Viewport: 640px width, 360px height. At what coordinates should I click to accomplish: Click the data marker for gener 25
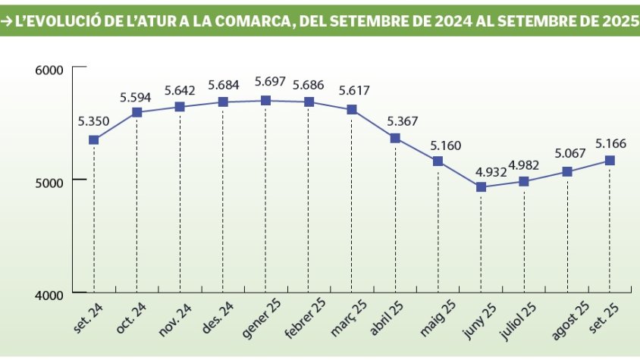click(265, 100)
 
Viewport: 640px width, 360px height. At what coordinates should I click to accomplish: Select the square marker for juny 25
click(481, 186)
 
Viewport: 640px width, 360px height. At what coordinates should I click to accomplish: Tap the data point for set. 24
click(94, 139)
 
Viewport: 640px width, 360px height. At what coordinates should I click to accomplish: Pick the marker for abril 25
click(395, 138)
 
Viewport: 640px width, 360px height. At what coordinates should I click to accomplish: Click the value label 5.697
click(270, 82)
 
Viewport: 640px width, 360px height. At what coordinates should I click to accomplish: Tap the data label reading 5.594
click(136, 97)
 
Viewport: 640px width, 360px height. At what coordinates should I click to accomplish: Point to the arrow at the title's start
click(7, 22)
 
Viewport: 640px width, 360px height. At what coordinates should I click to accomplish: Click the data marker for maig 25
click(438, 161)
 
